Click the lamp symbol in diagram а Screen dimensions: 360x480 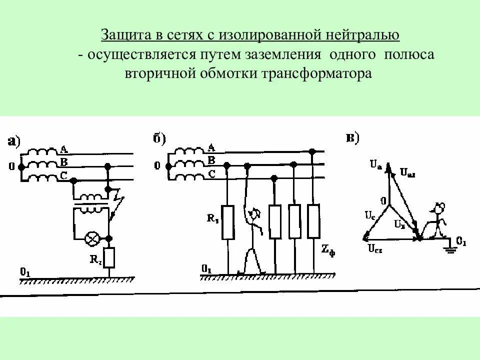(x=91, y=239)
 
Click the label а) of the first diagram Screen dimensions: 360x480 (x=13, y=141)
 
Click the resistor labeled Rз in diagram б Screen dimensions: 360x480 (x=228, y=221)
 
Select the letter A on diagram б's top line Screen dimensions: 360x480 (x=211, y=147)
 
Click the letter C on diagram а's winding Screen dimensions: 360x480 (x=63, y=174)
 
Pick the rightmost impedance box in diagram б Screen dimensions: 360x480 (x=313, y=221)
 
